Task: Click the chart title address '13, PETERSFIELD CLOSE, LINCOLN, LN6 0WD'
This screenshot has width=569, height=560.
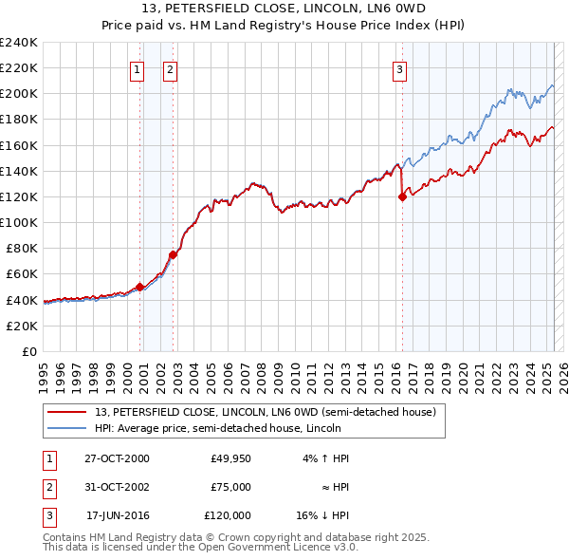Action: [x=284, y=10]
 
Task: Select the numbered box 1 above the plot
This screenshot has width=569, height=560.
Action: [x=137, y=68]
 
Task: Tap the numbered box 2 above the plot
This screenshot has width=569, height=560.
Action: [x=170, y=68]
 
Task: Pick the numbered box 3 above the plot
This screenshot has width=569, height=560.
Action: [x=399, y=68]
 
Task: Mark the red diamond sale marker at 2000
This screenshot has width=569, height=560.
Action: [x=139, y=287]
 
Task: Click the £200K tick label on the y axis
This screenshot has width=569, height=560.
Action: [x=19, y=94]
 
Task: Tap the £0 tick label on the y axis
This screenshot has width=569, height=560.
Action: [x=28, y=351]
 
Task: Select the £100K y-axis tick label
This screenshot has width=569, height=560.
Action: [x=19, y=222]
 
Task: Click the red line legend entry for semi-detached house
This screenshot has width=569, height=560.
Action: [x=265, y=412]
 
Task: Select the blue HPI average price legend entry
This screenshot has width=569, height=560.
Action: [x=237, y=428]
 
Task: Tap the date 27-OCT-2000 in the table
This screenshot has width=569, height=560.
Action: [x=117, y=458]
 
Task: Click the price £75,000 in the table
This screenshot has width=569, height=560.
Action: [x=230, y=487]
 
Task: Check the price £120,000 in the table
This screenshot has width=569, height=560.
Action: [x=228, y=515]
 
